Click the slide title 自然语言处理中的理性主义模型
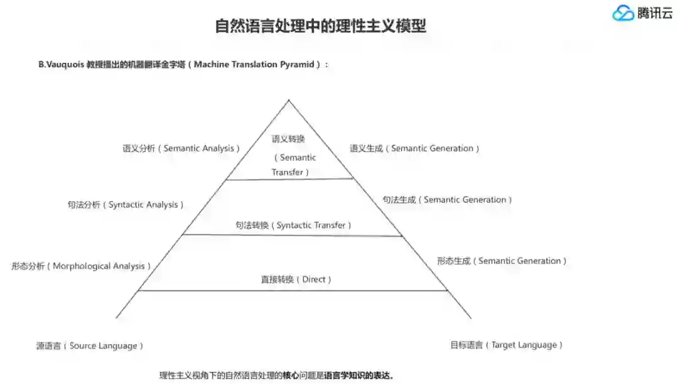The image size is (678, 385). pos(320,26)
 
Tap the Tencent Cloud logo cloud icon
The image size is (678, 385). pos(623,13)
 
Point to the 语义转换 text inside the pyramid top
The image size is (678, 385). pos(288,139)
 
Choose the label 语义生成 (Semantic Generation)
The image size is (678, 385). pos(414,149)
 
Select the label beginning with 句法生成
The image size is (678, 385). pos(447,200)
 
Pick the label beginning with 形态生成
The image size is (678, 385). pos(502,261)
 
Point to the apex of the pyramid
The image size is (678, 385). pos(289,100)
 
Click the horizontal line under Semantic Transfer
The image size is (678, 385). pos(289,179)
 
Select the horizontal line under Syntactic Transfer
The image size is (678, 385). pos(292,236)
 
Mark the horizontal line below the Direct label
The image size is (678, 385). pos(293,290)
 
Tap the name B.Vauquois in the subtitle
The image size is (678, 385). pos(62,65)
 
